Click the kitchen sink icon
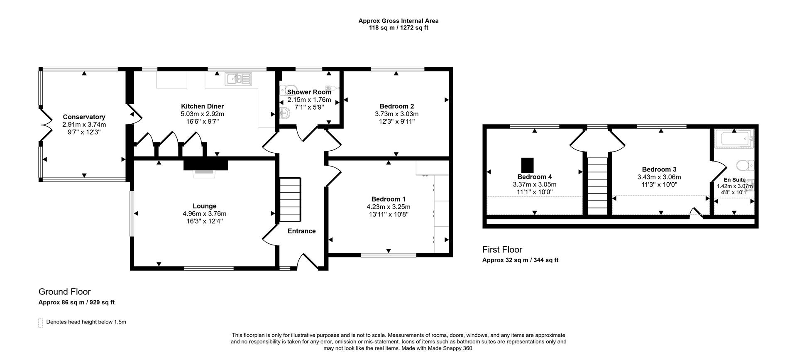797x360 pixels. point(238,79)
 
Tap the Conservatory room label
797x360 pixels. point(84,117)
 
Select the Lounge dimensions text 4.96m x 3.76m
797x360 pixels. point(204,214)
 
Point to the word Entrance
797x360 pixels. point(302,231)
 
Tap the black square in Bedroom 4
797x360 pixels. point(528,165)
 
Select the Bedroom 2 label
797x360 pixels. point(396,106)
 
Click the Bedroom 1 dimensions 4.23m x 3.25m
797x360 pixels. point(388,207)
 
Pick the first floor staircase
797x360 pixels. point(597,183)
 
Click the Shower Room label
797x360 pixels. point(309,92)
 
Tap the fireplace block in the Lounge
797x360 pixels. point(206,165)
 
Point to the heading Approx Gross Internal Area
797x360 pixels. point(398,21)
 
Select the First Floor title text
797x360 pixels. point(502,250)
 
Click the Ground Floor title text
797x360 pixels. point(64,291)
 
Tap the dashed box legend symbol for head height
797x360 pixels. point(41,323)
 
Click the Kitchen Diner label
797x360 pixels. point(202,106)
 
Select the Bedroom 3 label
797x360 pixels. point(659,169)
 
